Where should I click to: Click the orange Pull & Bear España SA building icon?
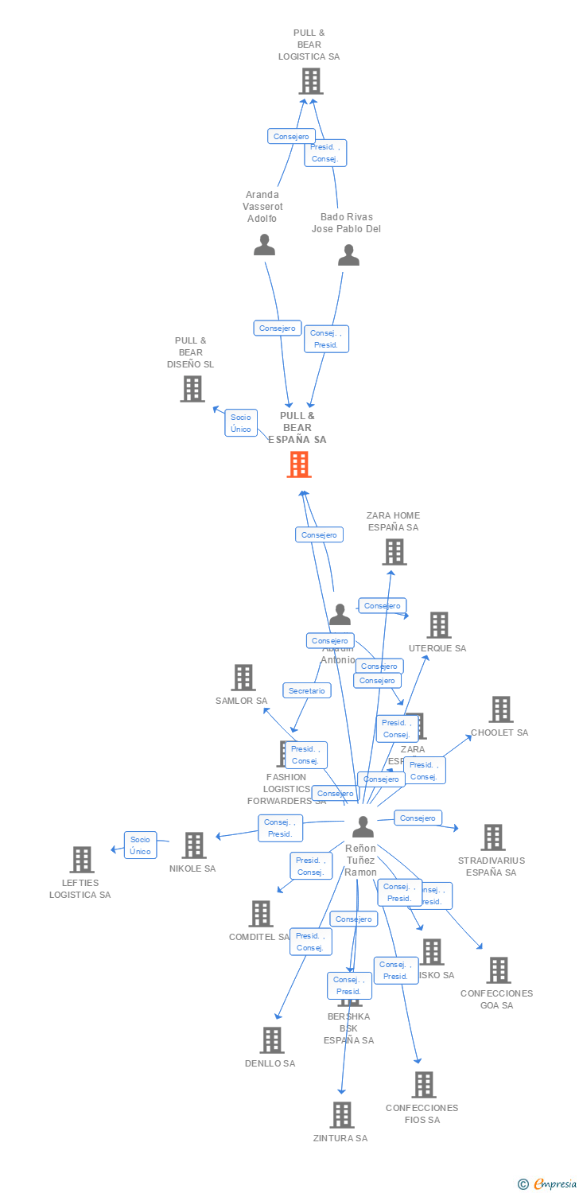coord(299,464)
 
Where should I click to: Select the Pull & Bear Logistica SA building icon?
coord(311,81)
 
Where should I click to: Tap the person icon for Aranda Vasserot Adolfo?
coord(264,245)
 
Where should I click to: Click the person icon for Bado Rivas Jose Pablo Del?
coord(348,255)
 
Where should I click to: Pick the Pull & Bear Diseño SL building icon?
coord(192,389)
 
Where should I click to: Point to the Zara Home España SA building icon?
coord(394,552)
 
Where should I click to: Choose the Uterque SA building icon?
coord(439,625)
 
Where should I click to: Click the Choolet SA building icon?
coord(500,709)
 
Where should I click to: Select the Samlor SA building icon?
coord(243,678)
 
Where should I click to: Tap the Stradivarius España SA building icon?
coord(493,837)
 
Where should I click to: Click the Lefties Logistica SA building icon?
coord(82,860)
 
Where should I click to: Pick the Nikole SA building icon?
coord(194,845)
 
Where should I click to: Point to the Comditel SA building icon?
coord(261,914)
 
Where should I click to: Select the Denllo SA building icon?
coord(272,1040)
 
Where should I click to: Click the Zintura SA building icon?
coord(342,1115)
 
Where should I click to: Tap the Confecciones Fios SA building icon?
coord(423,1085)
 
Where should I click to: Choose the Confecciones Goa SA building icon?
coord(499,970)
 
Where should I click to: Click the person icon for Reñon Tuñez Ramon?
coord(363,827)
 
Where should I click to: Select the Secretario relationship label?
coord(307,691)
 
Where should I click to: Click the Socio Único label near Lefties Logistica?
coord(141,845)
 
